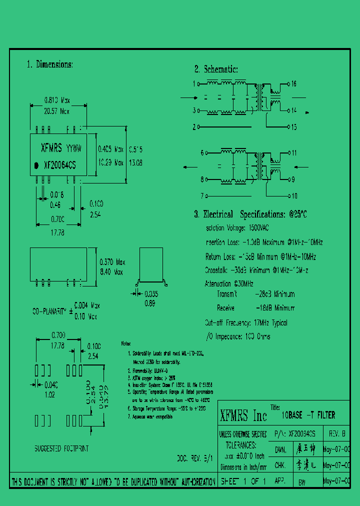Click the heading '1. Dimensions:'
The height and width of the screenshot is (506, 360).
pyautogui.click(x=49, y=64)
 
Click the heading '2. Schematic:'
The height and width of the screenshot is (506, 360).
pyautogui.click(x=216, y=69)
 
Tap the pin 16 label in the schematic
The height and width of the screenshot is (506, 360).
pyautogui.click(x=294, y=83)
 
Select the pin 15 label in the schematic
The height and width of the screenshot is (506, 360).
pyautogui.click(x=294, y=127)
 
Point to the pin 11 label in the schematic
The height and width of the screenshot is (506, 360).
pyautogui.click(x=294, y=152)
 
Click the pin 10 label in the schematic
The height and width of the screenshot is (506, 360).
pyautogui.click(x=294, y=196)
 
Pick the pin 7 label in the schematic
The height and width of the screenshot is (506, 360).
pyautogui.click(x=202, y=196)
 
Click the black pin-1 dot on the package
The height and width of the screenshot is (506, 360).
pyautogui.click(x=36, y=164)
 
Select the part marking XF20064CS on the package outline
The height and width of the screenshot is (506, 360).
pyautogui.click(x=59, y=164)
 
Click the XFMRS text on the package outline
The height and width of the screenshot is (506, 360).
pyautogui.click(x=51, y=148)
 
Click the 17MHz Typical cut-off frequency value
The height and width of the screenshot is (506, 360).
pyautogui.click(x=270, y=323)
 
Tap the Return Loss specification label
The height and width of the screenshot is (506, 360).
pyautogui.click(x=220, y=256)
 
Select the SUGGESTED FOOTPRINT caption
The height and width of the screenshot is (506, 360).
pyautogui.click(x=61, y=448)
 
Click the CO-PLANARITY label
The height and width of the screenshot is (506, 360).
pyautogui.click(x=49, y=311)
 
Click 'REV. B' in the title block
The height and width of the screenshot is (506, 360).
pyautogui.click(x=336, y=434)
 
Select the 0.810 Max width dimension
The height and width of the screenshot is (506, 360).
pyautogui.click(x=57, y=100)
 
